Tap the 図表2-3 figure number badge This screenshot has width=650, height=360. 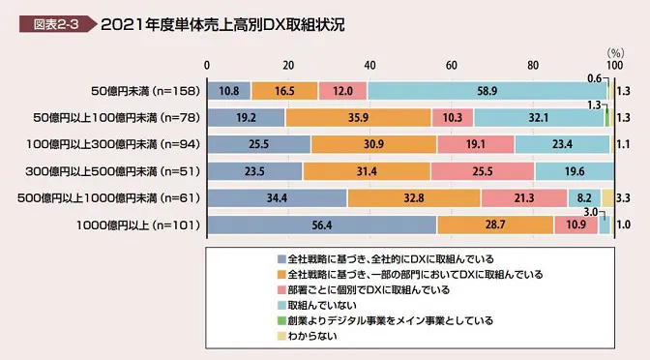click(x=47, y=22)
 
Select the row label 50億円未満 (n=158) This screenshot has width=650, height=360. click(x=144, y=91)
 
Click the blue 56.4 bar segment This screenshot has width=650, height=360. click(x=323, y=225)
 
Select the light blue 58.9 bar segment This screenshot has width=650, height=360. click(x=487, y=91)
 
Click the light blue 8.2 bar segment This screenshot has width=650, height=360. click(x=584, y=198)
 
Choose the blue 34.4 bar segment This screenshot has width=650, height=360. click(x=278, y=198)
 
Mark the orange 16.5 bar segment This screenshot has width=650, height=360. click(x=284, y=91)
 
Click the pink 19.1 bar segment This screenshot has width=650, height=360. click(x=476, y=145)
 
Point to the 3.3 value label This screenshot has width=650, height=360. click(x=624, y=198)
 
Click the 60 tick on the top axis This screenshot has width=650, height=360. click(x=452, y=64)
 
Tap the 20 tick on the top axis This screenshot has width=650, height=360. click(x=288, y=64)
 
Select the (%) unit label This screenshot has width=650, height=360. click(x=613, y=52)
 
